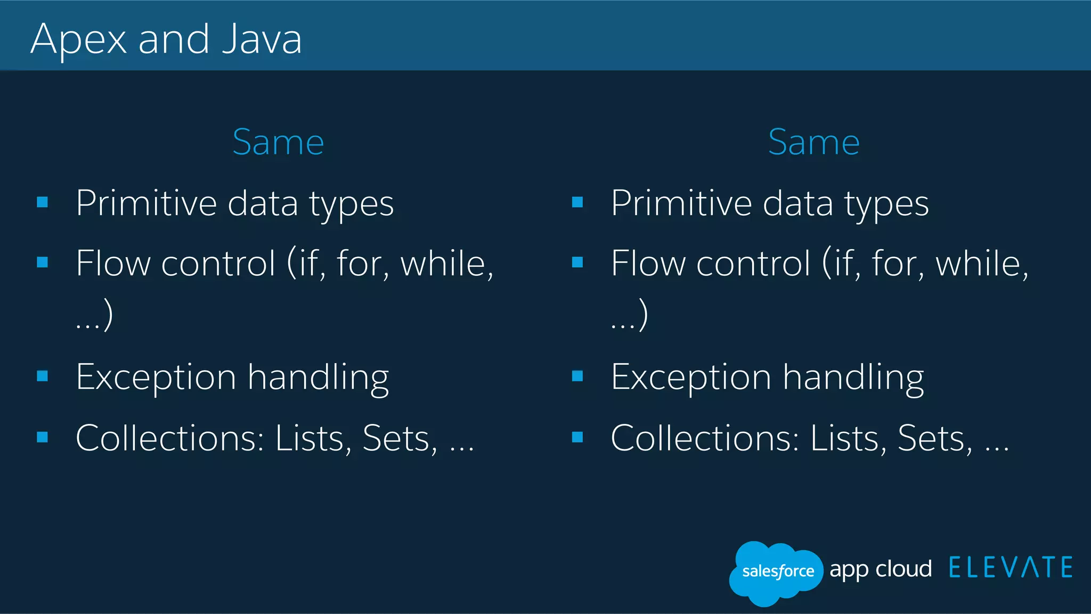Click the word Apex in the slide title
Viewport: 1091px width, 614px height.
click(79, 40)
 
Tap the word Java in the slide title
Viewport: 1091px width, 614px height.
click(262, 40)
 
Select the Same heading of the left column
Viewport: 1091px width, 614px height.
click(278, 143)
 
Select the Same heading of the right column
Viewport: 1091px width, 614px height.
click(813, 143)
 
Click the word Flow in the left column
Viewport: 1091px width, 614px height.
click(113, 263)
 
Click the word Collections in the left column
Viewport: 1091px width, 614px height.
click(169, 438)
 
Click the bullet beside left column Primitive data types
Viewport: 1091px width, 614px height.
click(43, 202)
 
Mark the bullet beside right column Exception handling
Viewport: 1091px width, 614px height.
click(577, 376)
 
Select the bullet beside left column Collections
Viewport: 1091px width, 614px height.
click(43, 437)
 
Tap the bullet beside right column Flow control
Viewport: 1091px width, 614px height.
click(577, 262)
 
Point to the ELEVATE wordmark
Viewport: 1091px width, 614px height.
click(1011, 568)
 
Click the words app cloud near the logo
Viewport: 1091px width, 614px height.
click(881, 569)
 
